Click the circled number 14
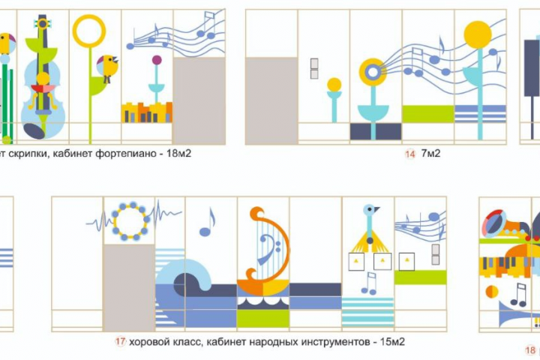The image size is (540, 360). [409, 154]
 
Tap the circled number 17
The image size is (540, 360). [120, 342]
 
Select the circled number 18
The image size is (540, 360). [530, 350]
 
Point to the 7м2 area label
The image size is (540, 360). [430, 153]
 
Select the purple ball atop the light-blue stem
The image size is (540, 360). [157, 60]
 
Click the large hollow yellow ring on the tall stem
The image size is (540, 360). [88, 31]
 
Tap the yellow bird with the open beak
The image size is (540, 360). [107, 67]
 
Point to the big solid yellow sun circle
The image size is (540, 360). [477, 34]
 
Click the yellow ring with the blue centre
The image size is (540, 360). [373, 72]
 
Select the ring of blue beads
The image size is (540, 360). [130, 221]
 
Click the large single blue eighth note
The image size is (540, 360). [207, 222]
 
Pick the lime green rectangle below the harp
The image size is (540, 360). [263, 318]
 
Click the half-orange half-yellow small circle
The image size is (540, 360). [492, 292]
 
